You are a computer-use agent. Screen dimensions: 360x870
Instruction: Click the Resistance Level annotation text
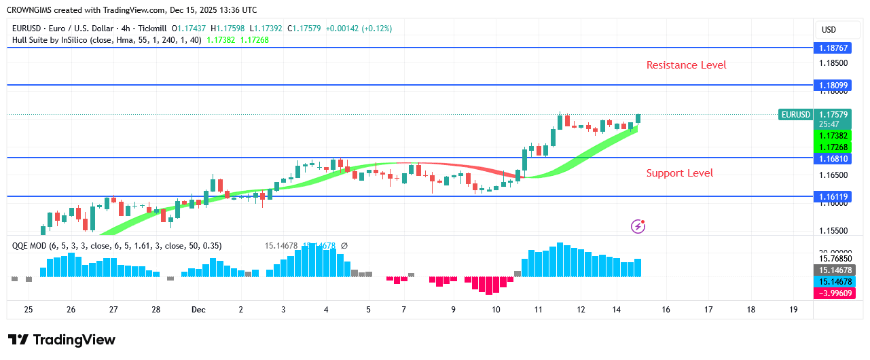pyautogui.click(x=686, y=65)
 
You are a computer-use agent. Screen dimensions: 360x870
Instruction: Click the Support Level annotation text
pyautogui.click(x=679, y=173)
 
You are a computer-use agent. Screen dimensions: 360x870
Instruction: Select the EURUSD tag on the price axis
pyautogui.click(x=795, y=115)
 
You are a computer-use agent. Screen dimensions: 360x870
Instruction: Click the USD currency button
pyautogui.click(x=829, y=30)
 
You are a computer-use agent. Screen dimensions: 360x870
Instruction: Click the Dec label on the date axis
pyautogui.click(x=198, y=310)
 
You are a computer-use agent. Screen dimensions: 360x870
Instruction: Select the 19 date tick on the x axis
pyautogui.click(x=793, y=310)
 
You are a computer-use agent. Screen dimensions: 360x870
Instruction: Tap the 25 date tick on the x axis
pyautogui.click(x=29, y=310)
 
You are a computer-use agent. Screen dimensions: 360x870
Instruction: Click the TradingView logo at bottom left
pyautogui.click(x=62, y=340)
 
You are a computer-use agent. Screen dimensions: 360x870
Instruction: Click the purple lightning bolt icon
pyautogui.click(x=638, y=226)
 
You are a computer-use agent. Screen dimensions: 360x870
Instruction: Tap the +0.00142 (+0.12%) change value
pyautogui.click(x=358, y=29)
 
